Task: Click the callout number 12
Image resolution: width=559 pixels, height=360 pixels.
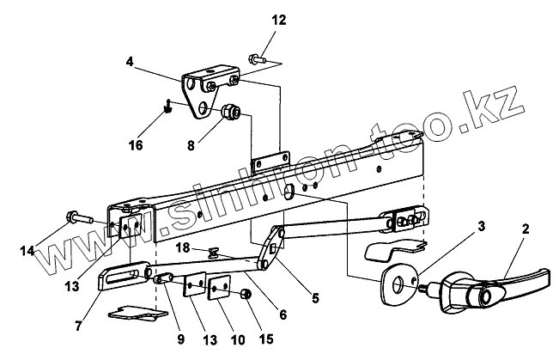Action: (277, 19)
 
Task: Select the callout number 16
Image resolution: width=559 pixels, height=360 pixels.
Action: (136, 145)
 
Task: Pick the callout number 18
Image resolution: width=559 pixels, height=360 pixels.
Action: (181, 247)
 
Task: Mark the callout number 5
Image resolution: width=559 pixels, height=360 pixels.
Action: (315, 299)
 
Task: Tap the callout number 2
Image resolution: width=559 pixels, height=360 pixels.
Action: (525, 229)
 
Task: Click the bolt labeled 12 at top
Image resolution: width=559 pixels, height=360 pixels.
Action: (257, 59)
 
